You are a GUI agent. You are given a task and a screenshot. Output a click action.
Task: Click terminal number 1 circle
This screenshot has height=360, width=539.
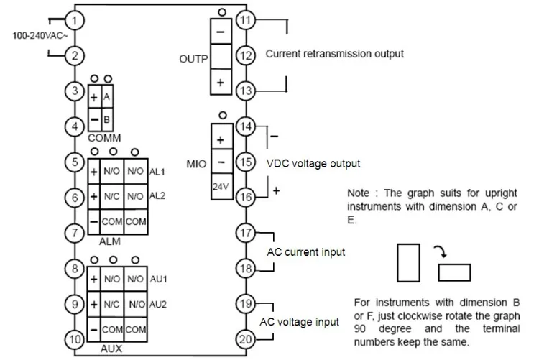(x=78, y=20)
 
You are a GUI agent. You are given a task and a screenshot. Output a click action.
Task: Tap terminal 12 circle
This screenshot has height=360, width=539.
(x=247, y=55)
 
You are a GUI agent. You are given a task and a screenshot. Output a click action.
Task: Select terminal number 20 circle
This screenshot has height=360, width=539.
(x=247, y=338)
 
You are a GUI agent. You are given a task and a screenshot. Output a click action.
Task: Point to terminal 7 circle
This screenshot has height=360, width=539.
(x=77, y=233)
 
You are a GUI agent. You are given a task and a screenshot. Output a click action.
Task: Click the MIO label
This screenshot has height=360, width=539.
(x=196, y=164)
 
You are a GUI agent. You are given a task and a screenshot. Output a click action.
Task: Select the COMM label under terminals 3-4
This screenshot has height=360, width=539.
(x=104, y=137)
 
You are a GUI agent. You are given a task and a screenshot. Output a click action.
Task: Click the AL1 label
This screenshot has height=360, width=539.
(x=157, y=172)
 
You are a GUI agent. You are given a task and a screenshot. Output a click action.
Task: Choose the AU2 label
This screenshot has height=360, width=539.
(x=157, y=305)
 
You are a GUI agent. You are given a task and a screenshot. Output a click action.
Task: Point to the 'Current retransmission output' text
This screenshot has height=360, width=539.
(x=335, y=54)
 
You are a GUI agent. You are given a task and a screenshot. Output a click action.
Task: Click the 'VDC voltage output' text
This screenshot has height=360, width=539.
(x=313, y=163)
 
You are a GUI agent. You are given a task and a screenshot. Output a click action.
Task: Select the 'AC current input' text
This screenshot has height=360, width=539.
(x=306, y=252)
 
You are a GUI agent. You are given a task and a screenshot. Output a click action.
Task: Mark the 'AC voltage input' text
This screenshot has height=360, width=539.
(x=299, y=322)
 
